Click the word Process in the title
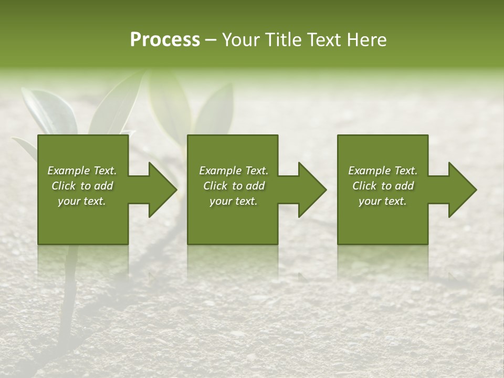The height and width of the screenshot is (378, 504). click(165, 40)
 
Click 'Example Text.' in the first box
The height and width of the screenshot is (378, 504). click(82, 171)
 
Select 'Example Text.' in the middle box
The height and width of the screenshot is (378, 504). click(234, 171)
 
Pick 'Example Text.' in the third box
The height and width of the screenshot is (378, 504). click(383, 171)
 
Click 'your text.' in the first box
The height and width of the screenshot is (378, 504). click(82, 201)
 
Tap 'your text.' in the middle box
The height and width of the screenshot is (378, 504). click(234, 201)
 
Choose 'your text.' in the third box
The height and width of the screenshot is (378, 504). click(383, 201)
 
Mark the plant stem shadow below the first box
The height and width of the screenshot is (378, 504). click(68, 310)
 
